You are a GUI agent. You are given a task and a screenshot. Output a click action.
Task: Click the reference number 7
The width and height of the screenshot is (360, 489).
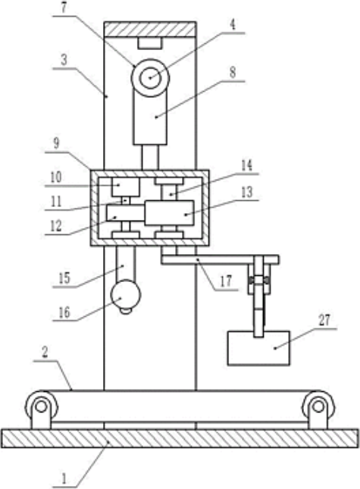[x=64, y=8]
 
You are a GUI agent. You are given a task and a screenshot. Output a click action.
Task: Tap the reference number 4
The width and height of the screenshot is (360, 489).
[x=233, y=25]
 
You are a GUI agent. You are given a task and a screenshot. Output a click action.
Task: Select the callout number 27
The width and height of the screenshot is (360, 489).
[x=324, y=320]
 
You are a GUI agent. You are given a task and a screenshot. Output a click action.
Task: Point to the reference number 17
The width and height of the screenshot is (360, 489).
[x=227, y=281]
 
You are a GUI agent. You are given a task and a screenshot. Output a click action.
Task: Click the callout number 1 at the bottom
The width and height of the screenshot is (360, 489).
[x=64, y=478]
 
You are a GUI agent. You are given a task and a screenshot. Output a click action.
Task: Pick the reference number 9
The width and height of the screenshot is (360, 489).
[x=56, y=143]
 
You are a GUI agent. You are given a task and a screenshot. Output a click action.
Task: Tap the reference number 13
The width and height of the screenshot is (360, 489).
[x=247, y=192]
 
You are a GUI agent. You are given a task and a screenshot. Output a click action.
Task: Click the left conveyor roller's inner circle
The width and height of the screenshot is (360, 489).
[x=41, y=406]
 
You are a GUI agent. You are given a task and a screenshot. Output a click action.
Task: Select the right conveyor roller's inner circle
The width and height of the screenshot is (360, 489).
[x=318, y=406]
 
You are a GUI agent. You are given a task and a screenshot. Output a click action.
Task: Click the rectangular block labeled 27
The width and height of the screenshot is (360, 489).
[x=258, y=348]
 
